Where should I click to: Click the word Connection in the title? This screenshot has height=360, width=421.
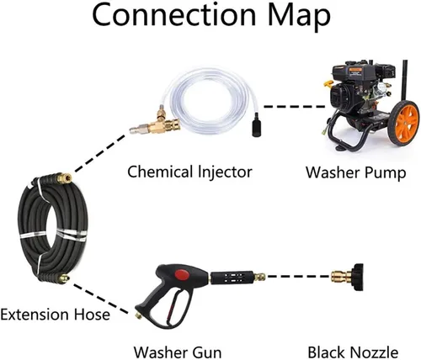point(174,14)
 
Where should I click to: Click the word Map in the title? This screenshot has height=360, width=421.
point(299,16)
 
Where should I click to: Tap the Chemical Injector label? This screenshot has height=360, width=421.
point(189,172)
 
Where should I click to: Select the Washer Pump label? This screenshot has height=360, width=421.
point(356,172)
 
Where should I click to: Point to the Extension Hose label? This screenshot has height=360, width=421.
point(55,315)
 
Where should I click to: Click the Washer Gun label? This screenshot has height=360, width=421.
point(178,352)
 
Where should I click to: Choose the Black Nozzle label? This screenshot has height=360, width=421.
point(353,352)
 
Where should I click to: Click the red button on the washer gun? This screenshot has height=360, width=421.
point(181,274)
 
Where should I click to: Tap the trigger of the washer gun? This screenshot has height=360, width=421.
point(172,305)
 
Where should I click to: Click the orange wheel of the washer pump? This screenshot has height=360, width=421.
point(404,123)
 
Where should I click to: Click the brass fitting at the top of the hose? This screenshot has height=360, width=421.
point(64,178)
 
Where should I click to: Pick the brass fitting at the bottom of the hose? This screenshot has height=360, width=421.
point(64,278)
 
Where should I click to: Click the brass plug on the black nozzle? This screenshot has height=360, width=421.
point(340,277)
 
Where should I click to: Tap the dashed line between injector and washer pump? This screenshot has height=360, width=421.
point(294,107)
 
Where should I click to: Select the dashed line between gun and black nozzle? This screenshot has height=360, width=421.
point(298,277)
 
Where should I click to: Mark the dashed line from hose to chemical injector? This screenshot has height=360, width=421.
point(99,153)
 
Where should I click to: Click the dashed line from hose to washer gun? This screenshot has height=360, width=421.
point(100,299)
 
